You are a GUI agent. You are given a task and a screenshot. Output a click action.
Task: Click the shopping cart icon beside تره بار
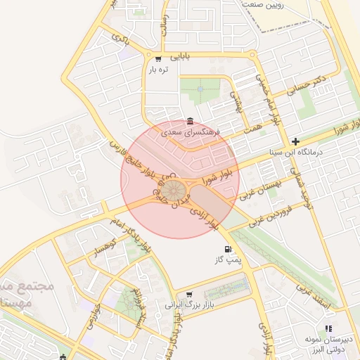(x=158, y=59)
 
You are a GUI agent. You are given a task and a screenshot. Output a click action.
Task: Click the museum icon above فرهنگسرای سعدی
(x=189, y=121)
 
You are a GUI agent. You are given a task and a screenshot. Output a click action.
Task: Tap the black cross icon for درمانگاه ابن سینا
(x=296, y=141)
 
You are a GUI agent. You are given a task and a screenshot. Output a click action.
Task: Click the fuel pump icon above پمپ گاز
(x=226, y=249)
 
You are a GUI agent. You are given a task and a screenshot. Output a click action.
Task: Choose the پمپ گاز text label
(x=228, y=260)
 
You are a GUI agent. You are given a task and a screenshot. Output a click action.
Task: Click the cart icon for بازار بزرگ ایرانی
(x=188, y=295)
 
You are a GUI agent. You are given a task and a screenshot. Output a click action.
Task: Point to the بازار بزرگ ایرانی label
(x=188, y=306)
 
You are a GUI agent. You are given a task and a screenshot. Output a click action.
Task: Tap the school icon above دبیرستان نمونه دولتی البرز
(x=328, y=328)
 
